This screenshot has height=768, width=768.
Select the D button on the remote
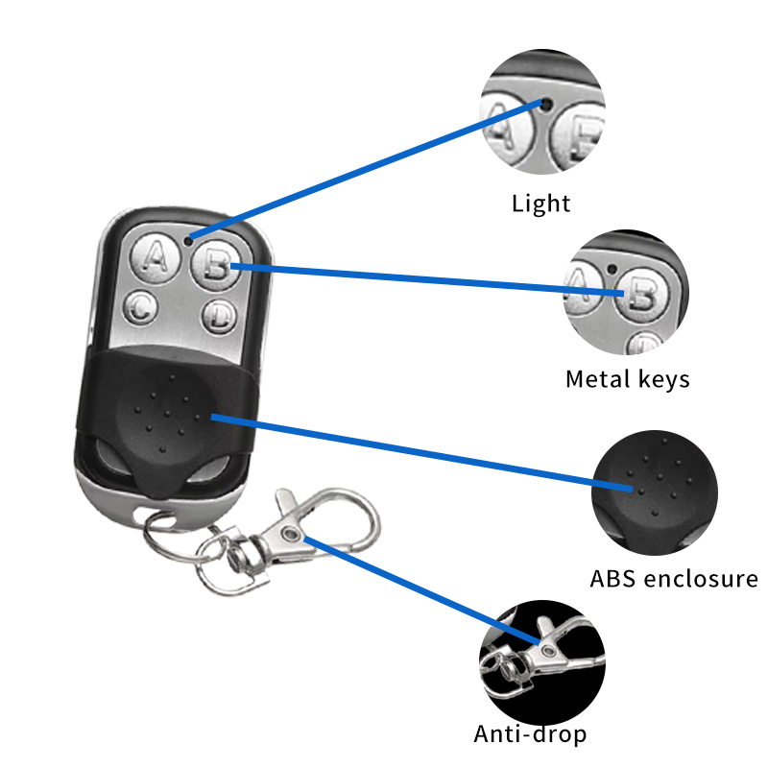pyautogui.click(x=219, y=313)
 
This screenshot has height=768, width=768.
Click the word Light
pyautogui.click(x=540, y=204)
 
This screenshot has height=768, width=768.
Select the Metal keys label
pyautogui.click(x=627, y=379)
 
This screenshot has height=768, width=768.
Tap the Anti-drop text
pyautogui.click(x=530, y=735)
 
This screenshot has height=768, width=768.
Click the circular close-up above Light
pyautogui.click(x=543, y=115)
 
